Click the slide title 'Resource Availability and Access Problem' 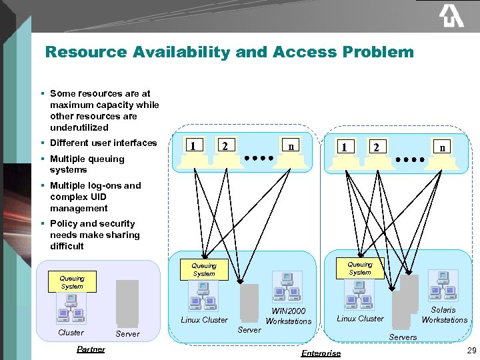(229, 52)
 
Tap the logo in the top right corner (451, 16)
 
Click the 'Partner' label (91, 349)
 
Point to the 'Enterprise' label (321, 353)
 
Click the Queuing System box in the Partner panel (72, 282)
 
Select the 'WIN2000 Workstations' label (288, 316)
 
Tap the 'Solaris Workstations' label (444, 315)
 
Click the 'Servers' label (403, 337)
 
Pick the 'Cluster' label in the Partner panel (71, 333)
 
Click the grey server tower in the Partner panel (127, 302)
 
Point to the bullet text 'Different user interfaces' (103, 143)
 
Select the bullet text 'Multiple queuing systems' (87, 164)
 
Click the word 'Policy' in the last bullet (64, 224)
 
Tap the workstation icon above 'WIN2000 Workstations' (287, 287)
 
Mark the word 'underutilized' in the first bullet (79, 127)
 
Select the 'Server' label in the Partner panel (127, 334)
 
